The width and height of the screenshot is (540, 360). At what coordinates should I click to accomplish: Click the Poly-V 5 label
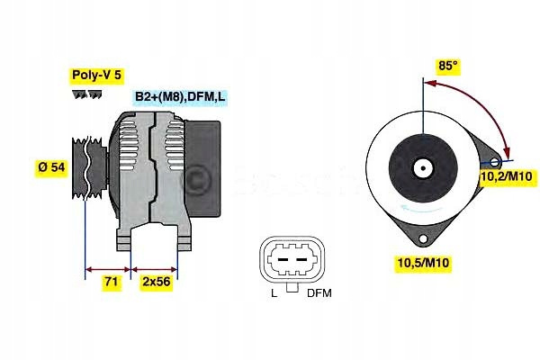coord(96,76)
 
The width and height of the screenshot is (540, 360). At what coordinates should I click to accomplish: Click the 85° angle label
coord(448,67)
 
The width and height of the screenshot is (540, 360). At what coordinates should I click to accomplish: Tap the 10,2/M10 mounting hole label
coord(505,176)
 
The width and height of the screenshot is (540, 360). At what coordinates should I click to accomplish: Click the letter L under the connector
coord(274,294)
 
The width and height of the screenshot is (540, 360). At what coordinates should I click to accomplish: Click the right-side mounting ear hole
coord(496,162)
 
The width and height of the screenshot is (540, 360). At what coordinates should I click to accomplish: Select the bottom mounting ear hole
coord(421,238)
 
